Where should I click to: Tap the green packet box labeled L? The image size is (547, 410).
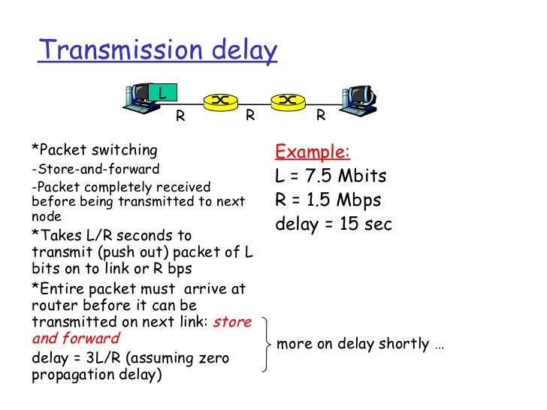pos(161,93)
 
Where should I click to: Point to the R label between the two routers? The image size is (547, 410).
pos(251,116)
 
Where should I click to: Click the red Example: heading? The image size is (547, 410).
pos(313,152)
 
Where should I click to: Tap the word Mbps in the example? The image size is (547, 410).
pos(357,200)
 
